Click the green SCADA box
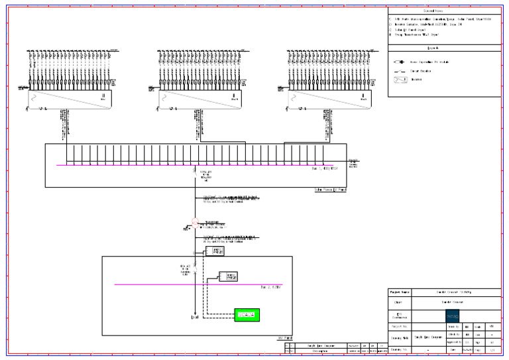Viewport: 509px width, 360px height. (x=247, y=314)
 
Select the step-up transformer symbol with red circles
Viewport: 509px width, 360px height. (x=195, y=223)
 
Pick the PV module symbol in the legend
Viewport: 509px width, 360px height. (x=398, y=61)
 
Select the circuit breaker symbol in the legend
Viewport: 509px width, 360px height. (x=398, y=70)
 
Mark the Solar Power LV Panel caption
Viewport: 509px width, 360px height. (x=329, y=190)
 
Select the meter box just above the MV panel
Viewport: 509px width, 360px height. (x=218, y=251)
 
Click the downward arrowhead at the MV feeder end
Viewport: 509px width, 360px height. (x=194, y=318)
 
